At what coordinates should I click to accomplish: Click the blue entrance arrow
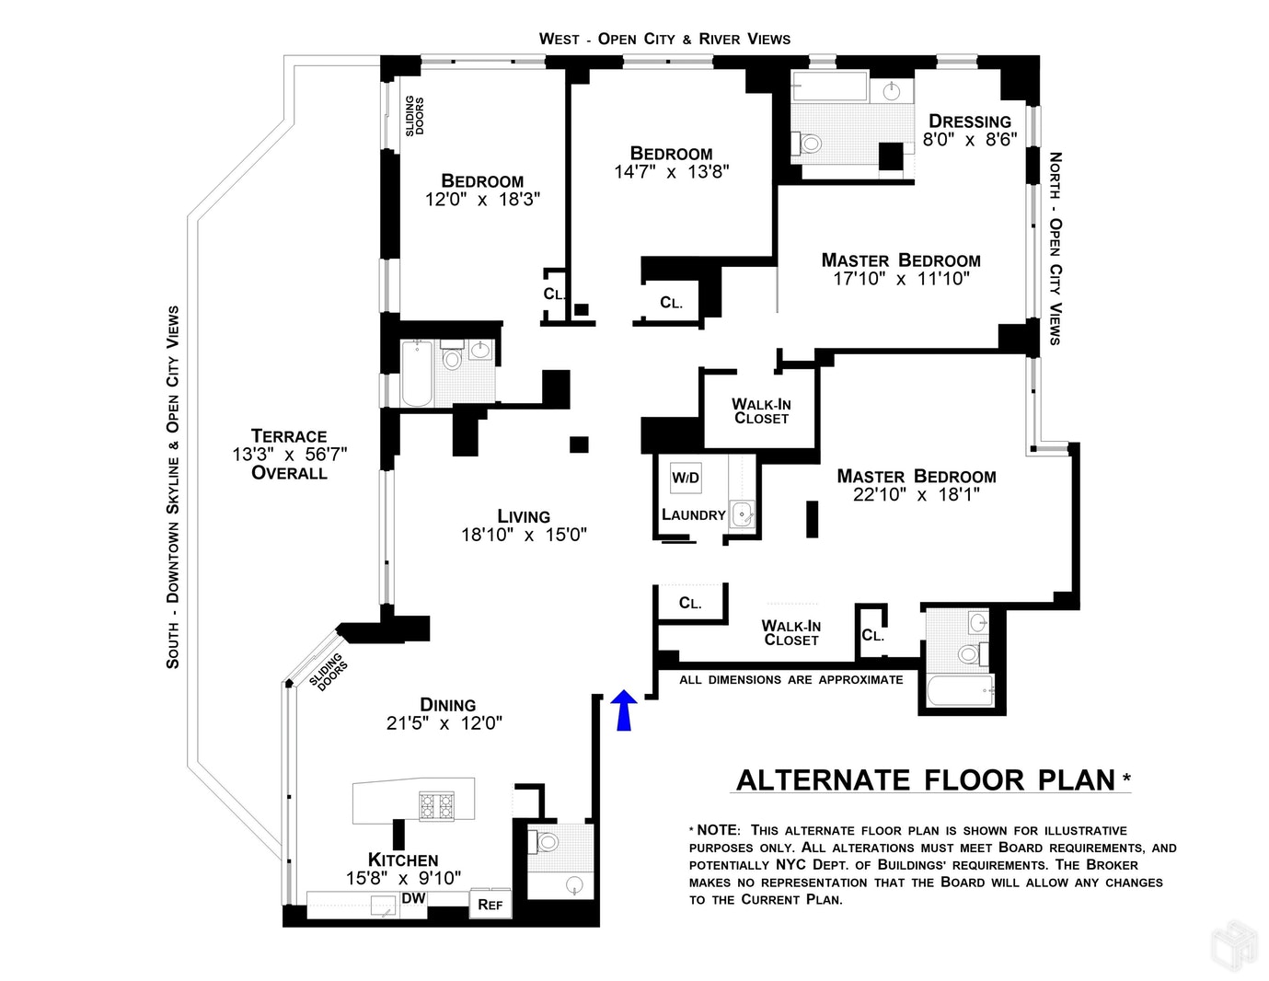coord(624,710)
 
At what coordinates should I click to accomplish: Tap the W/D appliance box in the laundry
coord(686,478)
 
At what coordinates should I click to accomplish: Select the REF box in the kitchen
coord(490,905)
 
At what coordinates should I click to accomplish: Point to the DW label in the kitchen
coord(414,898)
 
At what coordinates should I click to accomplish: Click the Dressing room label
coord(970,121)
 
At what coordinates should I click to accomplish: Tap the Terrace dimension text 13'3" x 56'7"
coord(290,455)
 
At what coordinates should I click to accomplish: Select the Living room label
coord(524,516)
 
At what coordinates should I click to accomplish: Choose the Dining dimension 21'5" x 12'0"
coord(444,723)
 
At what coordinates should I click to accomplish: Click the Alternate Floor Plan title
coord(926,780)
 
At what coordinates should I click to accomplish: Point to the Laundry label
coord(694,515)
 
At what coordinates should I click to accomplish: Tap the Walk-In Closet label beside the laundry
coord(761,410)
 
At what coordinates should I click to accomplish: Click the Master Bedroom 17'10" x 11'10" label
coord(901,270)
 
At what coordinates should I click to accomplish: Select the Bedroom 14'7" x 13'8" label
coord(671,163)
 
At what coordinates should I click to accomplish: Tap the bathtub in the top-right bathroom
coord(831,88)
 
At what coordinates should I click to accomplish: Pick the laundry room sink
coord(742,515)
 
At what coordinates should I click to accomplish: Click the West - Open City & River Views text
coord(664,39)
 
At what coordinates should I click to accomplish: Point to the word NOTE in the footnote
coord(718,830)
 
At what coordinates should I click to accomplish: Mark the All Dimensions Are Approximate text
coord(790,680)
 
